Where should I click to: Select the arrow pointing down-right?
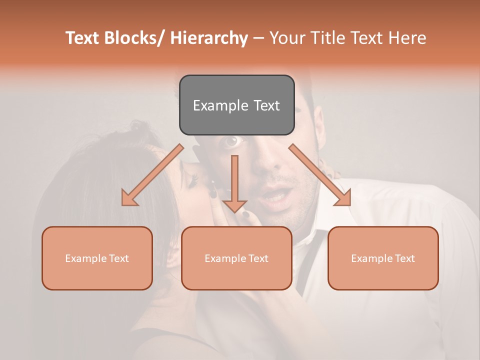(x=320, y=175)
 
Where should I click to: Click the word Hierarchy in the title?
(x=208, y=38)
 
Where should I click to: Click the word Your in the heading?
(x=288, y=38)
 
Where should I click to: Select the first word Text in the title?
(x=83, y=38)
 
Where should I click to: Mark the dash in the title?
(x=258, y=38)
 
